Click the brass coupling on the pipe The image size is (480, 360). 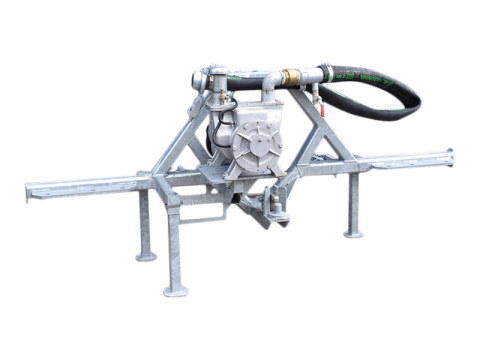coord(291,77)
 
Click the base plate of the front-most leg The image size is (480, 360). coord(175,291)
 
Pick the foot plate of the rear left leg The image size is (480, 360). coord(146,256)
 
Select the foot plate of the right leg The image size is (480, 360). coord(353,233)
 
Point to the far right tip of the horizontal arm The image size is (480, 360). coord(451,155)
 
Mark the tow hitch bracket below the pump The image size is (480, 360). coord(268,206)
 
